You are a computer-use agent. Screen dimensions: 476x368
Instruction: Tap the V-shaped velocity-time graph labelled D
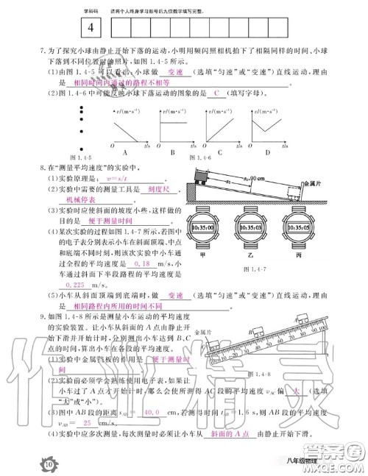[266, 124]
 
